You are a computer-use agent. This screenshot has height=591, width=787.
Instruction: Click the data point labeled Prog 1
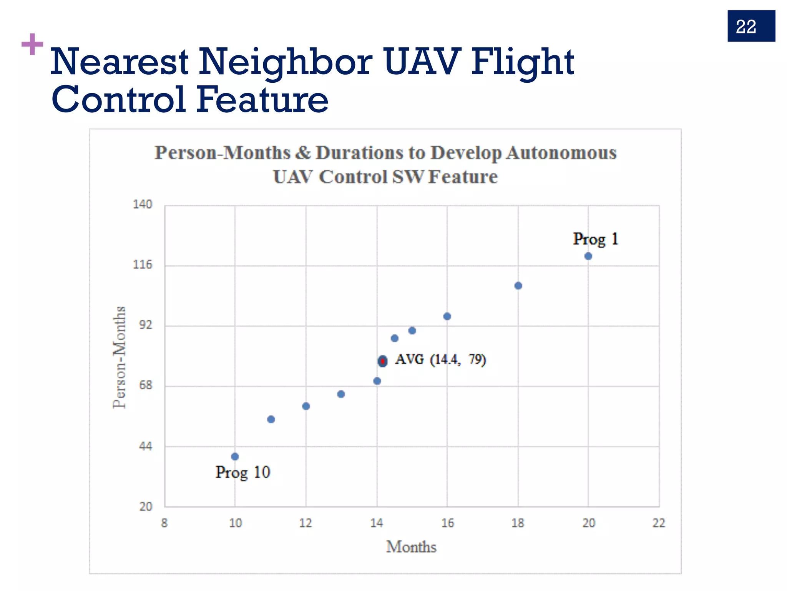(588, 256)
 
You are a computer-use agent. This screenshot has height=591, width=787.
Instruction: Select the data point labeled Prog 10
(235, 457)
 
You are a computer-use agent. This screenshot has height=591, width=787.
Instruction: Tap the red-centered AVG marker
(382, 361)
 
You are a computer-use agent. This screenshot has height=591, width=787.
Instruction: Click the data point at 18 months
(518, 285)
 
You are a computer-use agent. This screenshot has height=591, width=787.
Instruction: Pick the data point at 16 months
(447, 316)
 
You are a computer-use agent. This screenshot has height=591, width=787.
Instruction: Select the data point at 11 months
(271, 419)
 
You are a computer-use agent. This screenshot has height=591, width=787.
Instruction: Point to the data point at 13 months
(341, 394)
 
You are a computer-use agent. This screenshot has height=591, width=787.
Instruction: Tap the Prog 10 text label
(242, 472)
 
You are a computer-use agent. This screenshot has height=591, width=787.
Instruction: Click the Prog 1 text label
(595, 239)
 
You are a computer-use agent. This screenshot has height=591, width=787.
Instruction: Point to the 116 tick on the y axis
(143, 265)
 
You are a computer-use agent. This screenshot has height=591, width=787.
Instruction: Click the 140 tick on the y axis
(143, 204)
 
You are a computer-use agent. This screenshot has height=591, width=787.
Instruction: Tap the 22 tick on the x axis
(659, 523)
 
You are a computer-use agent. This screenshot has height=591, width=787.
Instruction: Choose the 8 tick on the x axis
(164, 523)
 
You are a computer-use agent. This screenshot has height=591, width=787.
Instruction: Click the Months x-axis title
(411, 547)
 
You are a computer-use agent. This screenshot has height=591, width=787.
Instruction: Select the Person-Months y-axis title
(120, 357)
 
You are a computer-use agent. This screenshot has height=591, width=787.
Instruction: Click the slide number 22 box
(751, 26)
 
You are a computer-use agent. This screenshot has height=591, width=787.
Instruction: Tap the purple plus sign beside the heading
(32, 44)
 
